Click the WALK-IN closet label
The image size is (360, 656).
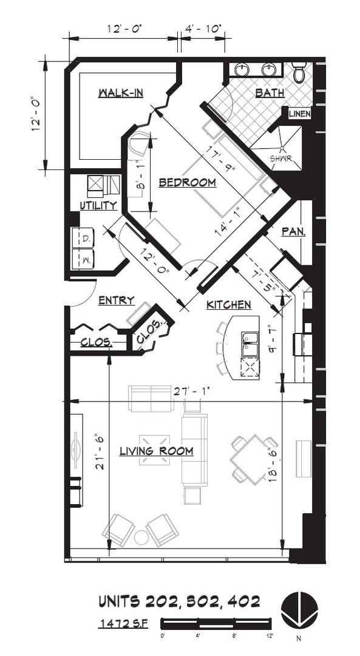click(121, 93)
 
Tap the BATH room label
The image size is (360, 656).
click(269, 93)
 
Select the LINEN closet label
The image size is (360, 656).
click(299, 114)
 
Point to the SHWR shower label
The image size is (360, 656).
click(281, 159)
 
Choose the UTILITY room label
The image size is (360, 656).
click(98, 206)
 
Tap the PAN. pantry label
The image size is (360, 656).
click(293, 231)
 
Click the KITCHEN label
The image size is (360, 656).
click(228, 304)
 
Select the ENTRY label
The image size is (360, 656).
click(116, 300)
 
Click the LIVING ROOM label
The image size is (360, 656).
click(156, 451)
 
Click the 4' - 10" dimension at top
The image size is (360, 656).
click(203, 28)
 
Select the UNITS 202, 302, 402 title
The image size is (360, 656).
click(179, 601)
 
